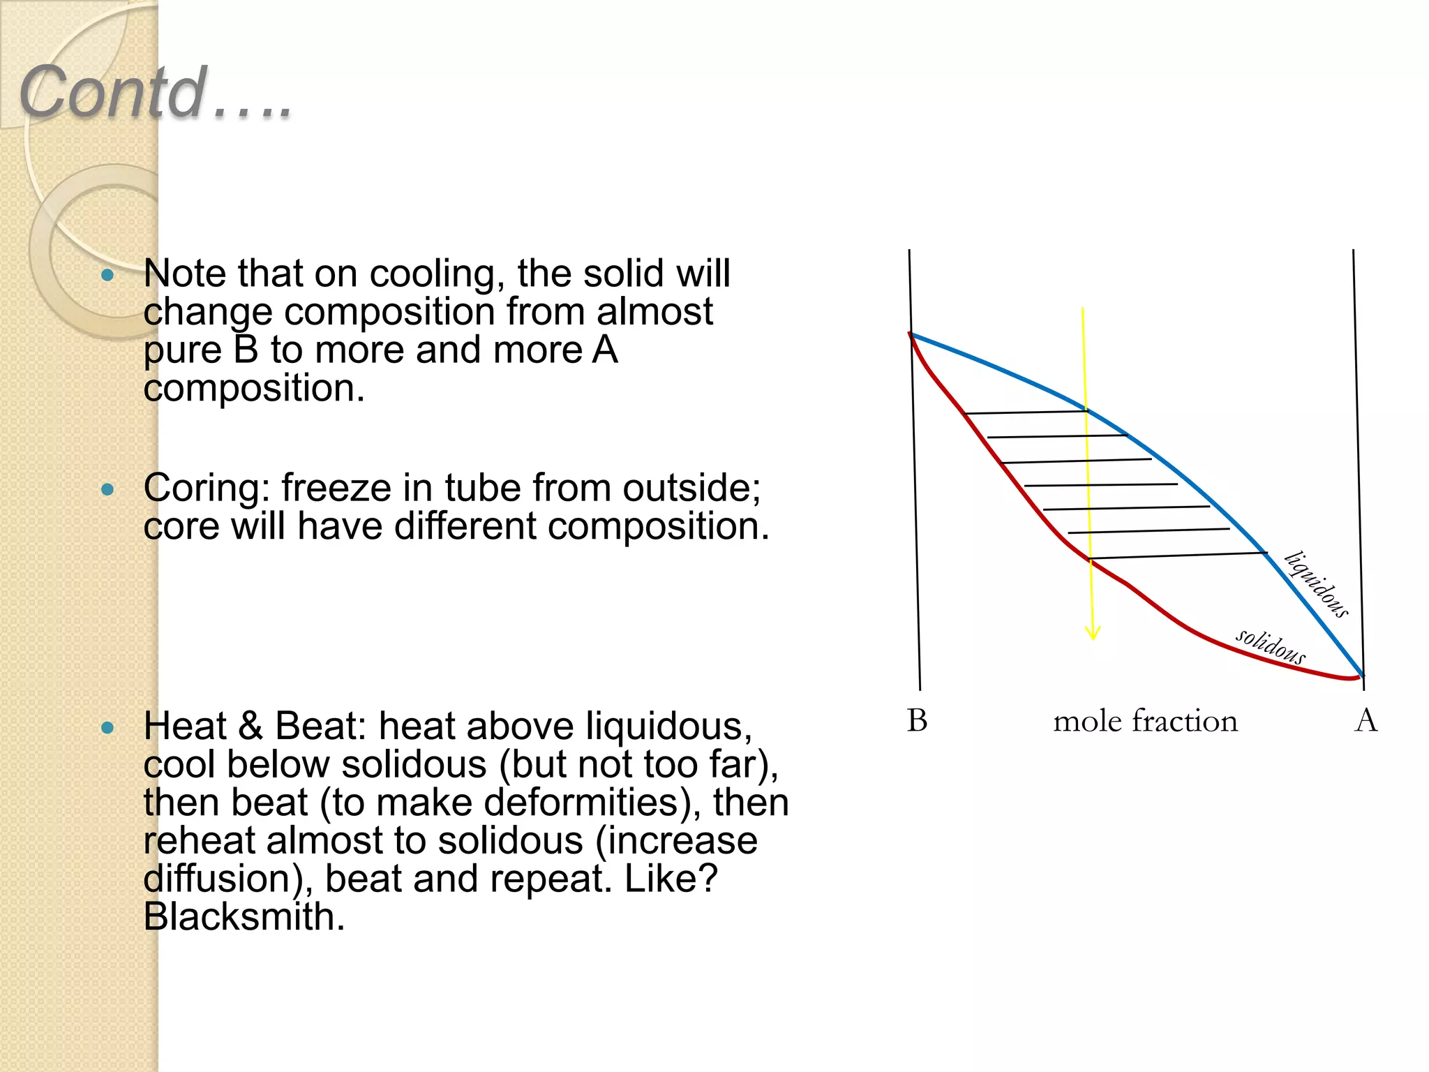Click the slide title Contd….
155,92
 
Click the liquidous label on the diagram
1317,584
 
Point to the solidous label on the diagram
1270,646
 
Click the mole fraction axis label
1145,721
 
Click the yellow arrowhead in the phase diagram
1093,632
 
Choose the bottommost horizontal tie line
1178,556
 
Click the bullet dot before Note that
107,275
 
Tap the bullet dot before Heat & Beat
107,728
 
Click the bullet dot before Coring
107,489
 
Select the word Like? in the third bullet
671,879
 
